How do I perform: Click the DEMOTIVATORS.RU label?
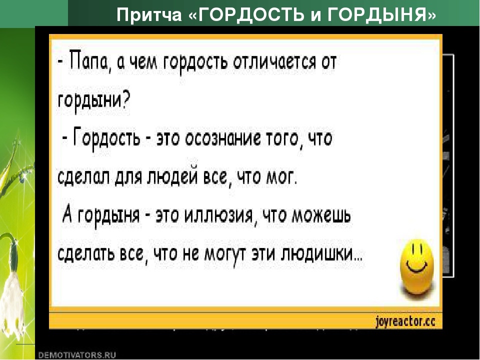pyautogui.click(x=77, y=354)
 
